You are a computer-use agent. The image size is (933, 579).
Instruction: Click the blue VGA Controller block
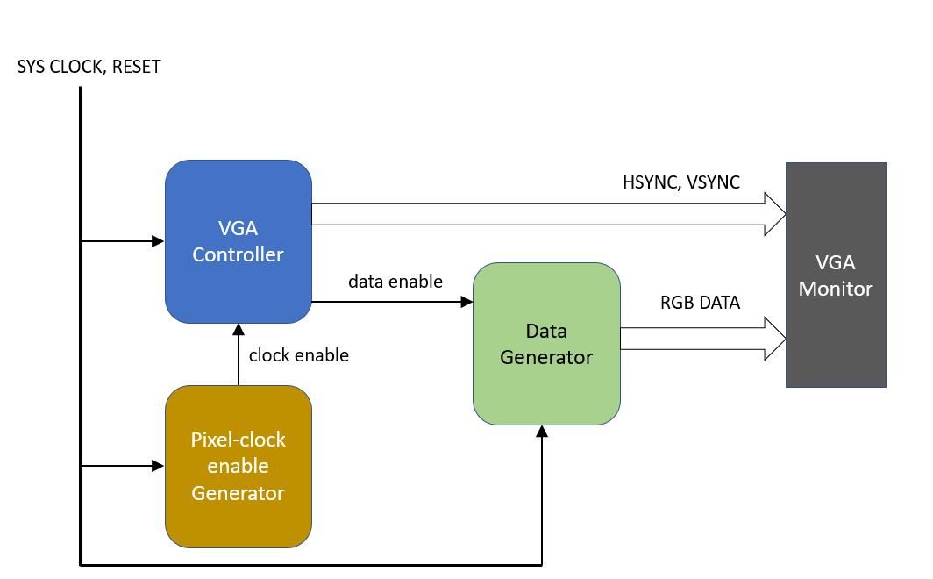tap(239, 241)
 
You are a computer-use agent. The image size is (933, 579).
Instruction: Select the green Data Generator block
tap(546, 344)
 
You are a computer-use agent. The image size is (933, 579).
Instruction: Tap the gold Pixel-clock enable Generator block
tap(239, 466)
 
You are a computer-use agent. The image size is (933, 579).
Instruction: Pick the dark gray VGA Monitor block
tap(836, 275)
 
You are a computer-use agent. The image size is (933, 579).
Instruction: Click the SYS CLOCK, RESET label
tap(89, 67)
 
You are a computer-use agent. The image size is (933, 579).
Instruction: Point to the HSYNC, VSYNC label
tap(681, 182)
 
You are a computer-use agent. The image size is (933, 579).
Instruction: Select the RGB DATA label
tap(700, 303)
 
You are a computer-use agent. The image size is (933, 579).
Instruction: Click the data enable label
tap(395, 282)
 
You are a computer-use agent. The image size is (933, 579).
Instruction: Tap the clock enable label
tap(298, 355)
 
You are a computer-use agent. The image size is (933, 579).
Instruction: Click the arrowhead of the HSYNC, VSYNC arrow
tap(776, 214)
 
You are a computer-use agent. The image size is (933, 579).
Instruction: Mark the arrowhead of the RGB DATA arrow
tap(776, 339)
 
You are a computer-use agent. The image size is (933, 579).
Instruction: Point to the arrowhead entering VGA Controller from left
tap(159, 240)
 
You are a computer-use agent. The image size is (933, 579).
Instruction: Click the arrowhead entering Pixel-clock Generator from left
tap(159, 466)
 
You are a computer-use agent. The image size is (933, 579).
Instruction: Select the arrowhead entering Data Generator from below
tap(542, 432)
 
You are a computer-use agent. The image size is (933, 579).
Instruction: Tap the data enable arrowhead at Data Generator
tap(467, 302)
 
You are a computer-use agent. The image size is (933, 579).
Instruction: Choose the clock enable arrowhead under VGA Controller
tap(238, 330)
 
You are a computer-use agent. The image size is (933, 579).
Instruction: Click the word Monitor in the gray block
tap(836, 289)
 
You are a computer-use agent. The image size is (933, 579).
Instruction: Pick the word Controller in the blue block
tap(239, 254)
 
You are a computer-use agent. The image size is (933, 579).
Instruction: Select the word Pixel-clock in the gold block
tap(239, 440)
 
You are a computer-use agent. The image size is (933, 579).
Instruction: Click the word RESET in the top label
tap(137, 67)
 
